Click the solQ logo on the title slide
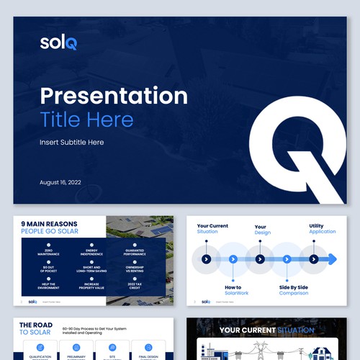coord(58,42)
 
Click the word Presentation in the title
coord(114,96)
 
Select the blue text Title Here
coord(86,120)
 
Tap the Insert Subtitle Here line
coord(71,143)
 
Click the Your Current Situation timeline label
coord(212,229)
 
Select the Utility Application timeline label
coord(322,229)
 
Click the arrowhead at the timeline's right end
coord(332,259)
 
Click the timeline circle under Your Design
coord(260,259)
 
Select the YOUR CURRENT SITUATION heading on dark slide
coord(266,330)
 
